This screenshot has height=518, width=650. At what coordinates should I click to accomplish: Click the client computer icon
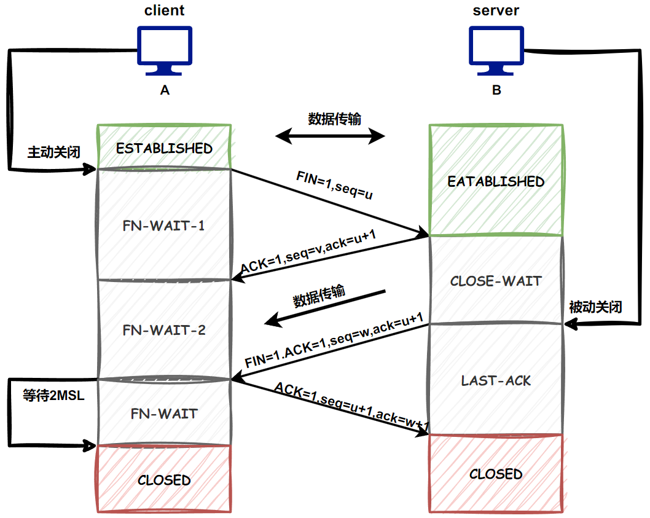click(164, 49)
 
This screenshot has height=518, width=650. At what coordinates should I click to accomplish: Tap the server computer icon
click(496, 49)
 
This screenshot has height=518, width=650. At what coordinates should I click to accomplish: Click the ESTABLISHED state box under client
click(164, 148)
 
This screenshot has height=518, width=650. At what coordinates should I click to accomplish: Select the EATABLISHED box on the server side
click(496, 181)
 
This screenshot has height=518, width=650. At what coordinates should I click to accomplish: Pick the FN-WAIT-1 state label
click(164, 226)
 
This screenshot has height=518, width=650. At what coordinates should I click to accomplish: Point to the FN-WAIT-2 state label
click(164, 330)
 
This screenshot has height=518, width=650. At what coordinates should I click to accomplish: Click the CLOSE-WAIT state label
click(496, 281)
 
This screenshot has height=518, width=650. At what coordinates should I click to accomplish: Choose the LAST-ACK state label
click(496, 380)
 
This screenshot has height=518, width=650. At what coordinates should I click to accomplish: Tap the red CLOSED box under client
click(164, 479)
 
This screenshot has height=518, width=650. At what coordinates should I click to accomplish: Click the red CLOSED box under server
click(496, 474)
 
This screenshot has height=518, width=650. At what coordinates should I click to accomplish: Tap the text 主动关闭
click(53, 152)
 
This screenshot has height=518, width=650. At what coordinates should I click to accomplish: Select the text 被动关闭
click(595, 307)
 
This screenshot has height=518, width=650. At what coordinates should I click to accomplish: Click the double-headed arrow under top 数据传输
click(330, 136)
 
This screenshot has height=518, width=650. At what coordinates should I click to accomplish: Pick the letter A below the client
click(164, 90)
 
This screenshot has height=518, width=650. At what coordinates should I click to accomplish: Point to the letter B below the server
click(496, 90)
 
